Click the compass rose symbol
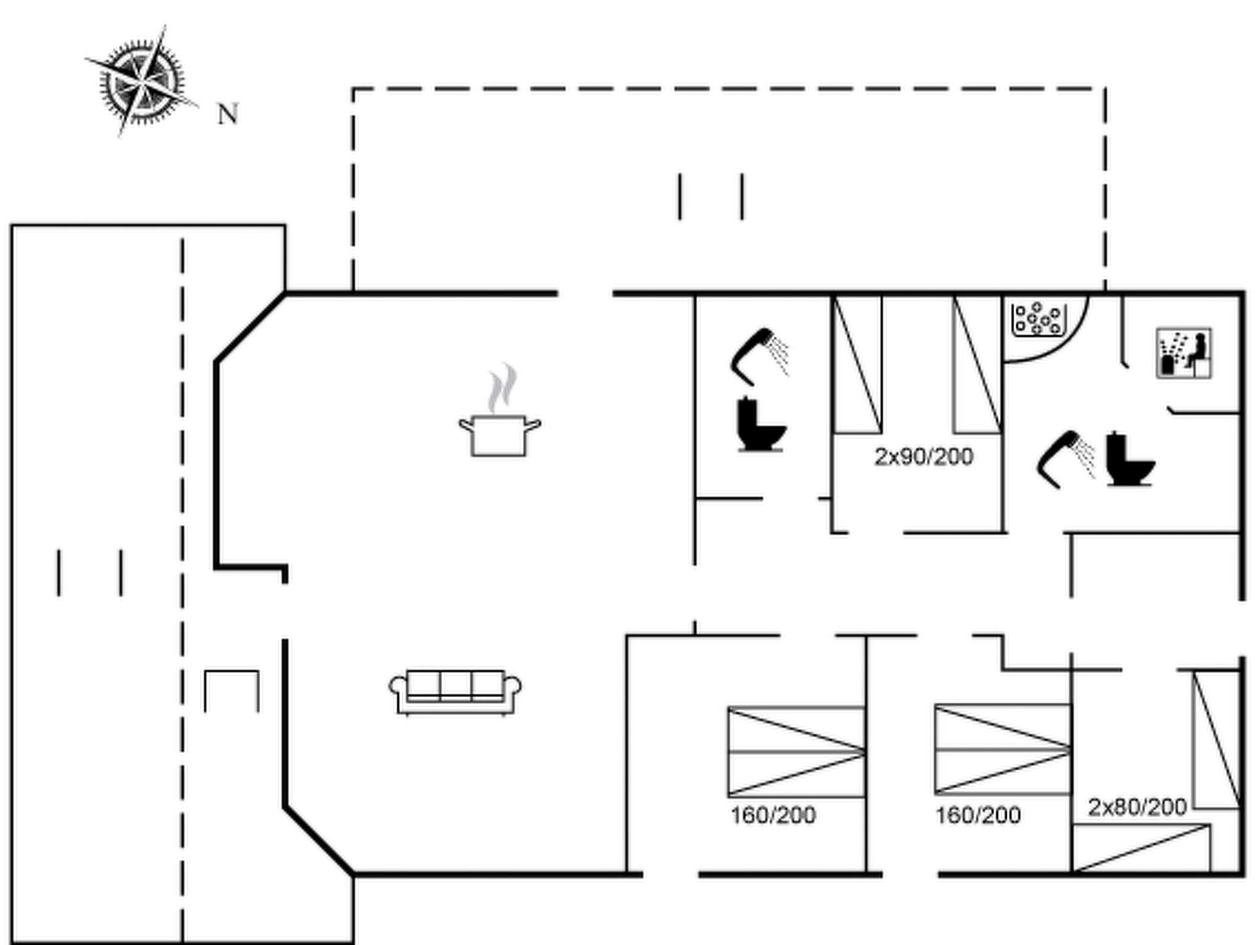click(x=142, y=81)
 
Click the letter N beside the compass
click(x=228, y=114)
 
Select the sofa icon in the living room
click(x=455, y=692)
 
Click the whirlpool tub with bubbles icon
click(x=1039, y=319)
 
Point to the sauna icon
click(x=1184, y=353)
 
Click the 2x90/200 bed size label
click(x=923, y=457)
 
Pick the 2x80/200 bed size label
click(x=1137, y=807)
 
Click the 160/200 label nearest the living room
click(x=773, y=816)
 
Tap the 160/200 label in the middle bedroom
click(x=978, y=816)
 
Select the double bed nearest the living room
click(x=796, y=752)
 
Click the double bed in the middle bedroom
click(x=1003, y=750)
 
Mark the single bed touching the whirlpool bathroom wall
click(x=977, y=364)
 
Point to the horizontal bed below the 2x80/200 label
click(x=1141, y=848)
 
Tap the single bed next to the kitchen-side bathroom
click(x=858, y=364)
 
